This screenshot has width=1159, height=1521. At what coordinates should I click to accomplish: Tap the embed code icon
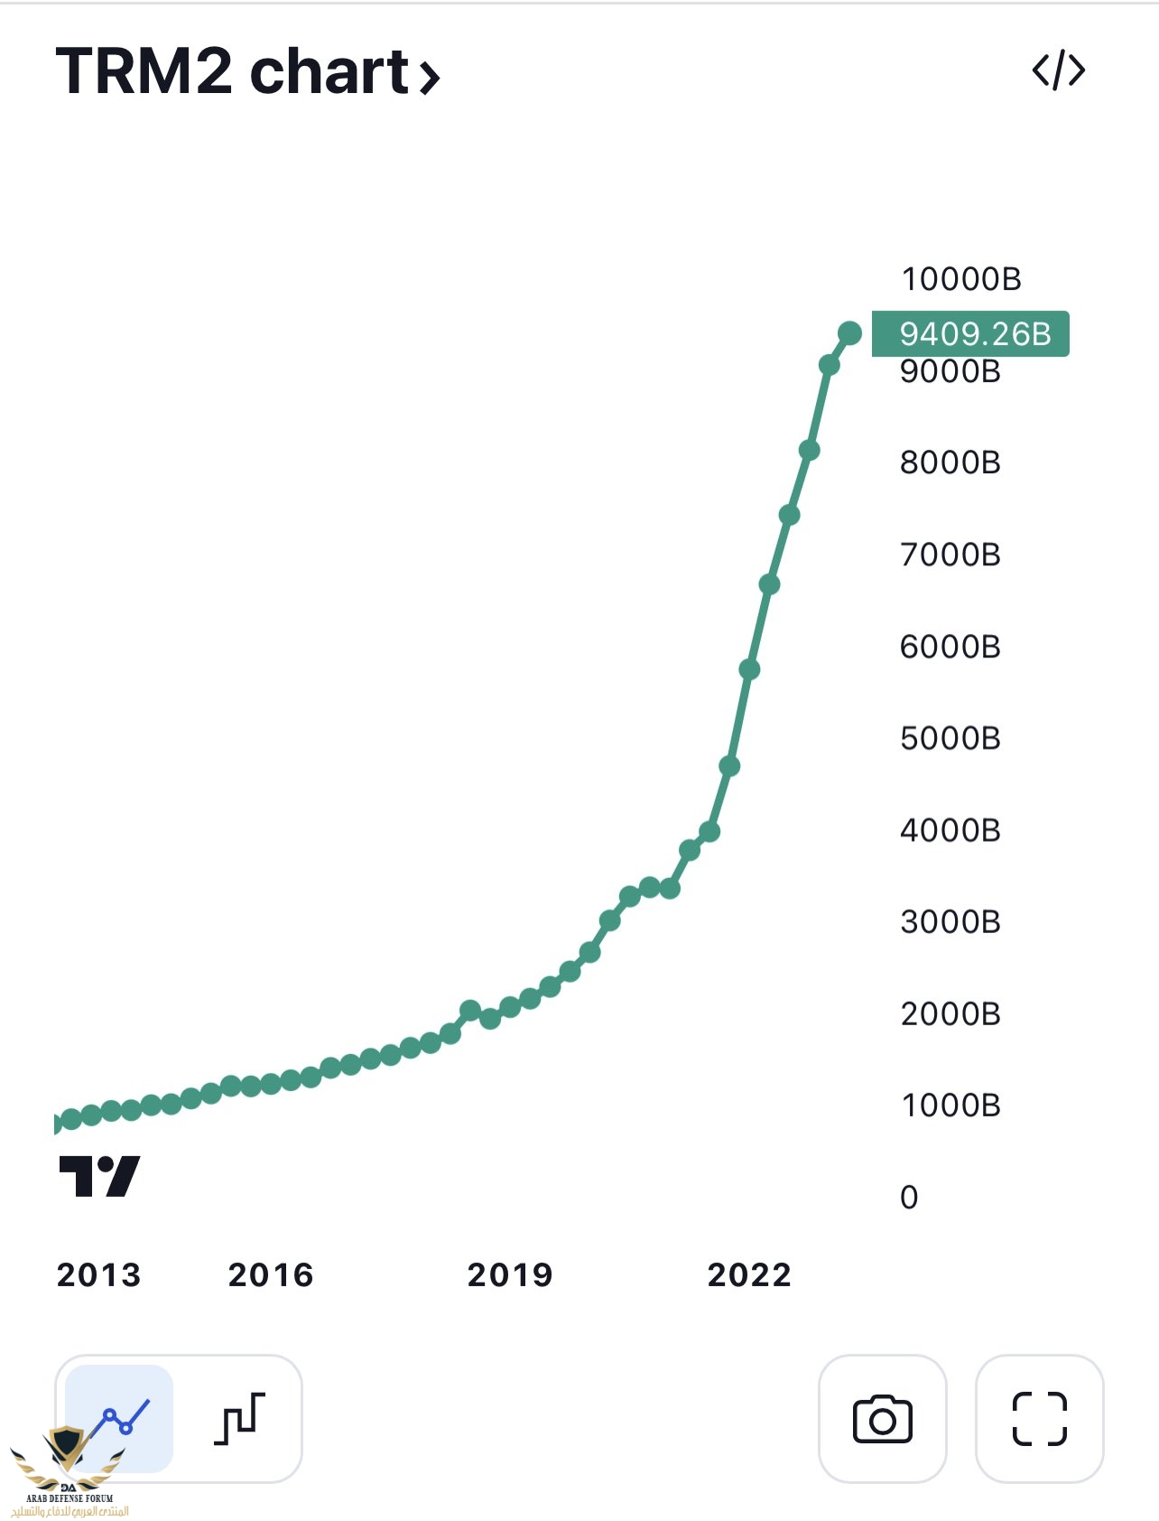tap(1058, 70)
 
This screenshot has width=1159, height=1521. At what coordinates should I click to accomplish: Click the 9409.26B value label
tap(971, 334)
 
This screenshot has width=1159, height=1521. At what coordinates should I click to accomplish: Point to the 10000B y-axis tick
tap(960, 279)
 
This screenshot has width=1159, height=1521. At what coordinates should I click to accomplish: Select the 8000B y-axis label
tap(950, 462)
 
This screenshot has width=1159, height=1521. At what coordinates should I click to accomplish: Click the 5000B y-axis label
tap(950, 738)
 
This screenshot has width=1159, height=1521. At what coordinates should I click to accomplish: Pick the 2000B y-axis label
tap(950, 1013)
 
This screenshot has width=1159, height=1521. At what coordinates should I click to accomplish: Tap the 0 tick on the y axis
tap(909, 1197)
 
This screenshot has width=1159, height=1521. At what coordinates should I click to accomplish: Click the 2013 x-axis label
tap(98, 1274)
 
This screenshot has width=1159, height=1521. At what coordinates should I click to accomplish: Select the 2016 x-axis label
tap(270, 1274)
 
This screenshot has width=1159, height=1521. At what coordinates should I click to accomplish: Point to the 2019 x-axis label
tap(509, 1274)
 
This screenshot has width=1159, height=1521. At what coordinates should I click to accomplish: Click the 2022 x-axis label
tap(748, 1274)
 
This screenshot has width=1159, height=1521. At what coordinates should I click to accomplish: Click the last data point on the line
tap(849, 333)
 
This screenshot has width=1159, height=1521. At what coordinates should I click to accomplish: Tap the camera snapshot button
tap(882, 1418)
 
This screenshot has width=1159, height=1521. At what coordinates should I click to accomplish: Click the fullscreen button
tap(1039, 1418)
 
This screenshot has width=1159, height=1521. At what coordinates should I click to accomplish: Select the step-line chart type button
tap(239, 1418)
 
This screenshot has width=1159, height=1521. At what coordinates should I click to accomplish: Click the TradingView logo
tap(99, 1176)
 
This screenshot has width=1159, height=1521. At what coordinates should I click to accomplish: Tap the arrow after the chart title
tap(430, 76)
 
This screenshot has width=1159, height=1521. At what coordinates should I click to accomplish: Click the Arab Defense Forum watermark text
tap(70, 1498)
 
